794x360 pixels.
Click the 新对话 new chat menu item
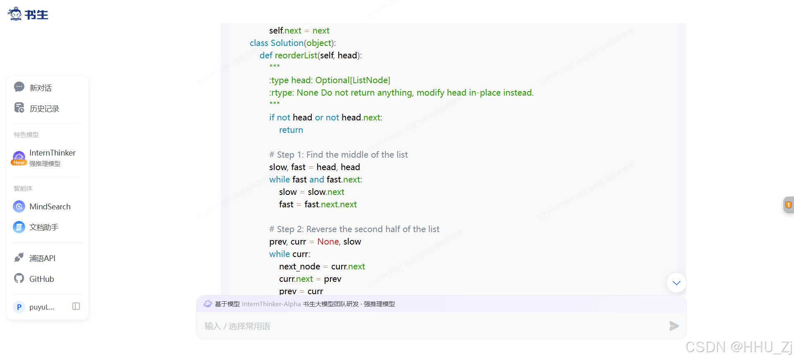(x=40, y=88)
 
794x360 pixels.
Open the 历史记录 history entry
(x=44, y=108)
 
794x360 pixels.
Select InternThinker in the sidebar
(x=52, y=153)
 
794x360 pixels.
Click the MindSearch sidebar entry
(x=50, y=206)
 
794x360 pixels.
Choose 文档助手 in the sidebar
(x=44, y=227)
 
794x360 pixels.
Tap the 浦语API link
(x=42, y=258)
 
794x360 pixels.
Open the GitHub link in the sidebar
(x=41, y=279)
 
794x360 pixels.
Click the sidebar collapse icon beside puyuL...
(x=76, y=306)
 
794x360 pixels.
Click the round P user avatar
(x=19, y=307)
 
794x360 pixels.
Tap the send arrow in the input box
(x=674, y=326)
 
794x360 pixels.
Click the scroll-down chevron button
(x=676, y=283)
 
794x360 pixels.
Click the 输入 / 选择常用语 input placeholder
(x=237, y=326)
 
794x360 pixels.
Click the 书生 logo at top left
(x=28, y=14)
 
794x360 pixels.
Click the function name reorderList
(x=296, y=55)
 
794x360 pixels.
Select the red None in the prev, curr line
(x=328, y=242)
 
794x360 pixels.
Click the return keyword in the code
(x=291, y=130)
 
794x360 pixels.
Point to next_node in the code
(x=299, y=266)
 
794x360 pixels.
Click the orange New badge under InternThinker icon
(x=19, y=163)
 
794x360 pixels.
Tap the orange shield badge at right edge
(x=788, y=205)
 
